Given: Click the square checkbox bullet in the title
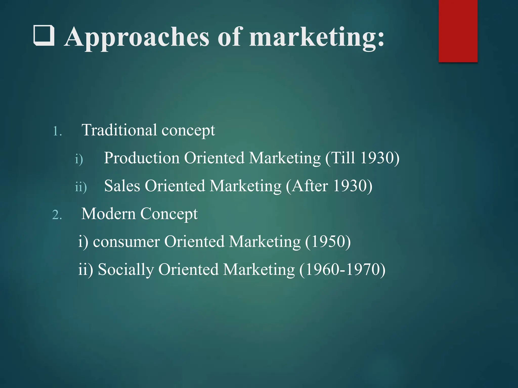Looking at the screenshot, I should (x=44, y=36).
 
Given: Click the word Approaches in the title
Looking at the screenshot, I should (x=137, y=37).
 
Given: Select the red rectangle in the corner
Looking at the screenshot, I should (x=458, y=31).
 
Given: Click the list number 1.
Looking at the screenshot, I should (x=57, y=131).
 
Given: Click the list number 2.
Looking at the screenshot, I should (x=57, y=215).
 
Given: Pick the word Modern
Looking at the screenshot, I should (x=109, y=214).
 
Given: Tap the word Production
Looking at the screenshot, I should (x=142, y=158).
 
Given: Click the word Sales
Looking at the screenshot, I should (x=122, y=186).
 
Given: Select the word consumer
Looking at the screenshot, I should (x=126, y=241).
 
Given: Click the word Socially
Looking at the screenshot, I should (x=126, y=269).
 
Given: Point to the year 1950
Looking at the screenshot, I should (x=328, y=241).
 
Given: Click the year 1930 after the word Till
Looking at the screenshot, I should (x=377, y=158).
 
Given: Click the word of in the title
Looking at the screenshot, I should (x=229, y=37).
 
